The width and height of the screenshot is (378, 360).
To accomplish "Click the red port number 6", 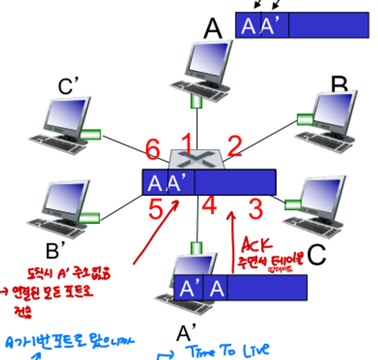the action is coord(152,148).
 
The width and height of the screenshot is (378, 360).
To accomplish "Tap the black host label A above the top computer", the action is coord(213,29).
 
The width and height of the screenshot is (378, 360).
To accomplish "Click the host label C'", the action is coord(68,87).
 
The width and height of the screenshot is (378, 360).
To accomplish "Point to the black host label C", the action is coord(316,255).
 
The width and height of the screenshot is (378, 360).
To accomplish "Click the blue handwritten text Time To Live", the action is coord(225,350).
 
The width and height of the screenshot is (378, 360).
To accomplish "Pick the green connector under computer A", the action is coord(196,101).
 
